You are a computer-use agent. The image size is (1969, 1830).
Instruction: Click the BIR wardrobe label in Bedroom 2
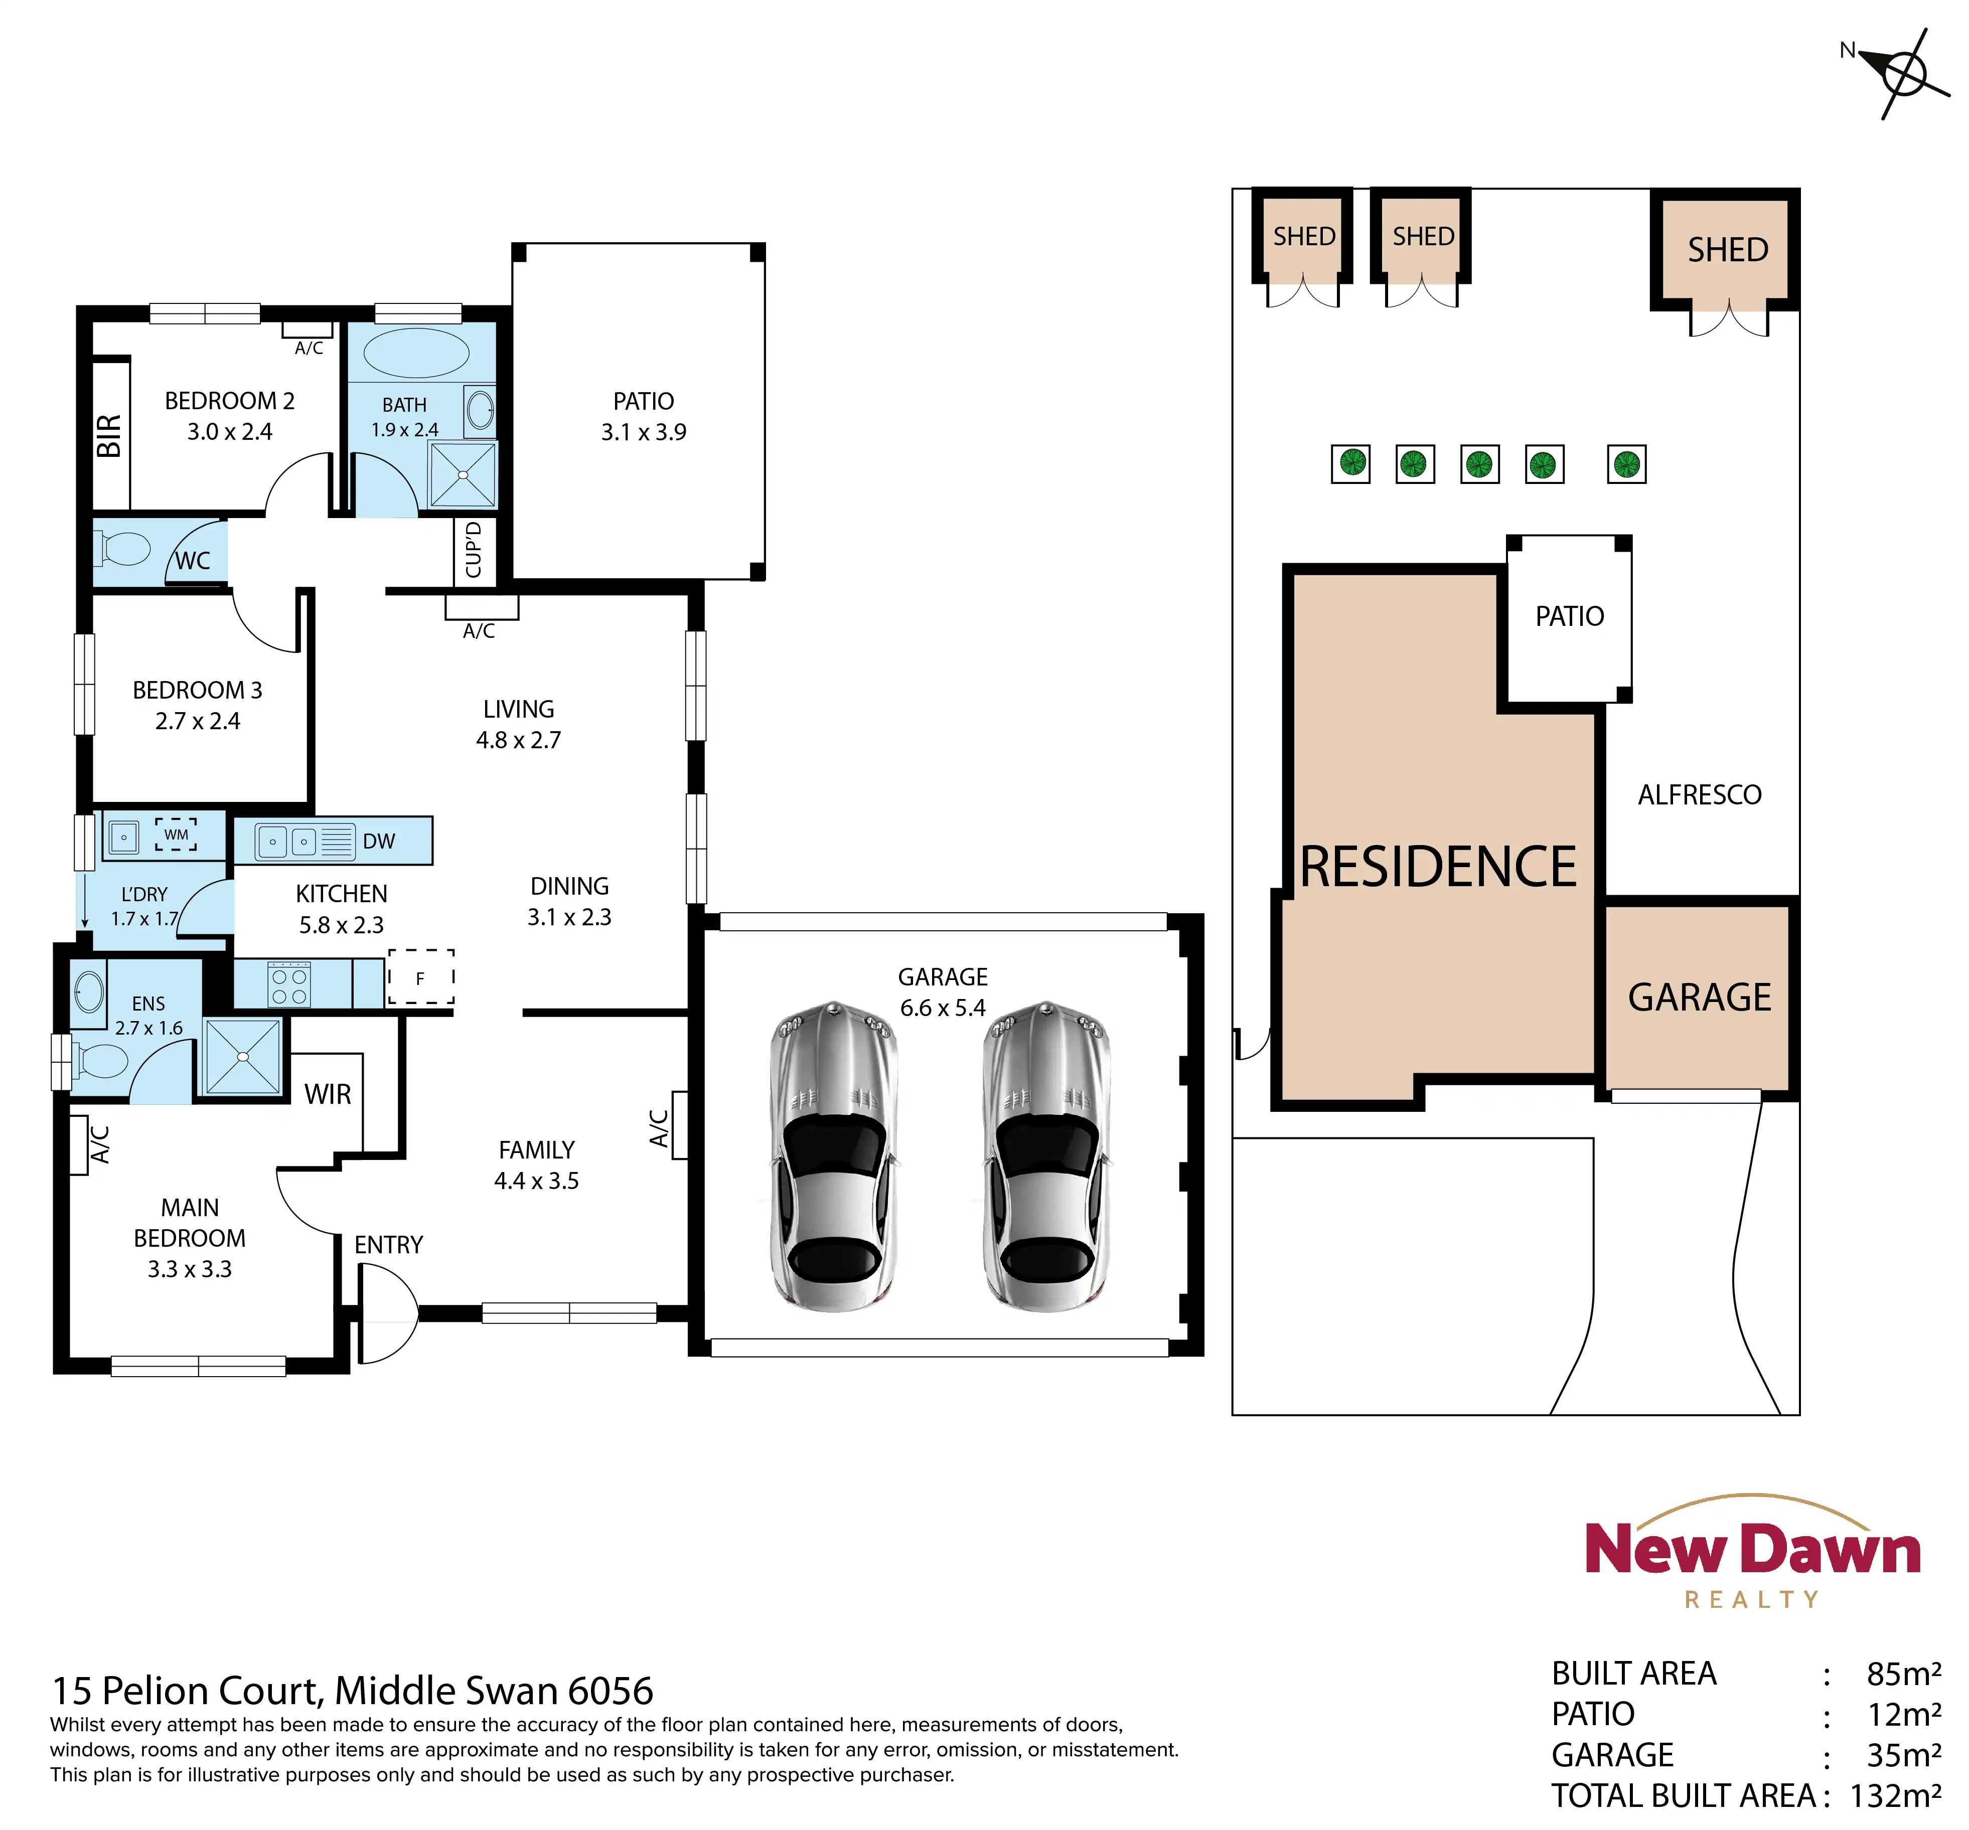pos(109,436)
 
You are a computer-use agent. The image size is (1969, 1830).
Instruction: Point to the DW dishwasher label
pos(378,842)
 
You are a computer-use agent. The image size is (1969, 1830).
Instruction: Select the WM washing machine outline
pos(176,835)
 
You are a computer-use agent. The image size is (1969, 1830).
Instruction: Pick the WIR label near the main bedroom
pos(328,1094)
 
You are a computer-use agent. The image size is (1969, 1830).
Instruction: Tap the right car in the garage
pos(1047,1155)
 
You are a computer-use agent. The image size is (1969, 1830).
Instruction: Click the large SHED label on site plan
pos(1728,250)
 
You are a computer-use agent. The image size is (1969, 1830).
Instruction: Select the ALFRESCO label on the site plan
pos(1700,795)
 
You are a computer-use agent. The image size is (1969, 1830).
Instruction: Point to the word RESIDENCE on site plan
pos(1438,868)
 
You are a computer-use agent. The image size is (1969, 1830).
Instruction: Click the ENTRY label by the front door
pos(388,1245)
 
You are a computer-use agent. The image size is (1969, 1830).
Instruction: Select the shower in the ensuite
pos(243,1057)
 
